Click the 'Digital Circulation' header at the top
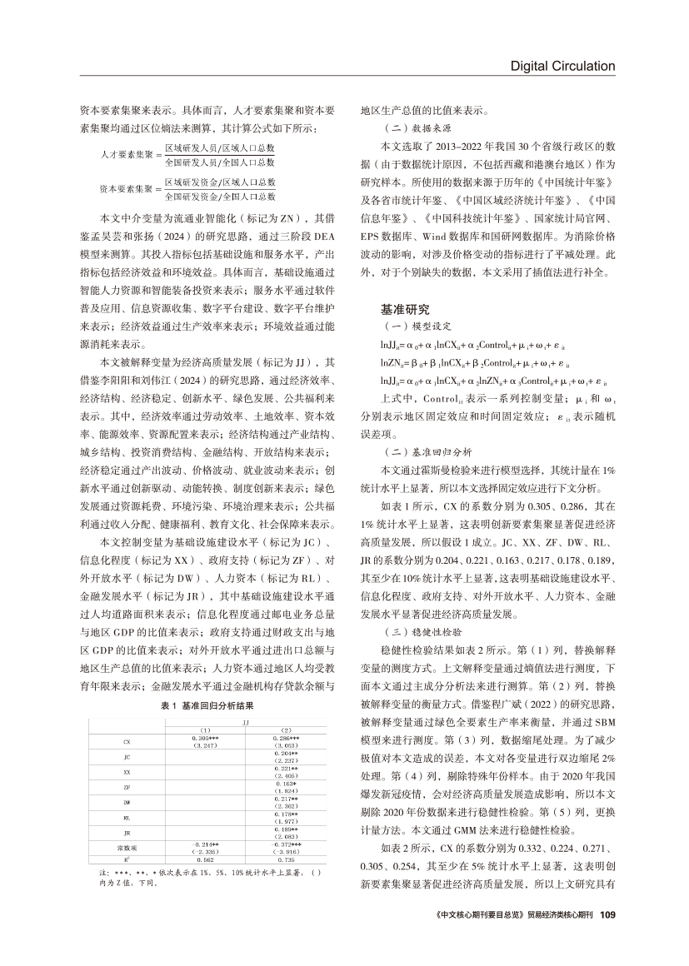(562, 67)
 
